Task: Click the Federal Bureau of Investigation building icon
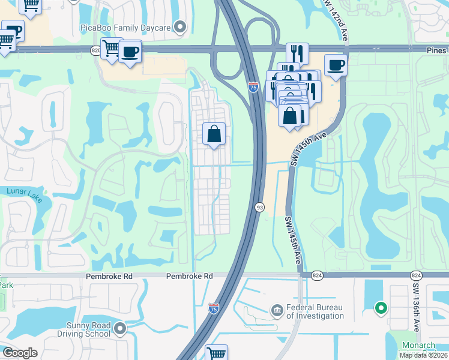click(277, 311)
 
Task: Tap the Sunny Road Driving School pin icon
click(121, 329)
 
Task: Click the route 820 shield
click(97, 51)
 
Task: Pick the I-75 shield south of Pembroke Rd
click(213, 308)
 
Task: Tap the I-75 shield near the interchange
click(253, 88)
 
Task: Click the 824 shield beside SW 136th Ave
click(416, 275)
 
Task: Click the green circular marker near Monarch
click(380, 309)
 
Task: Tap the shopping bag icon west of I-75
click(214, 134)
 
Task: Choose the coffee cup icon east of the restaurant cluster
click(336, 65)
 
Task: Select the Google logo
click(20, 353)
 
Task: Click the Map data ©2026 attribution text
click(423, 355)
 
